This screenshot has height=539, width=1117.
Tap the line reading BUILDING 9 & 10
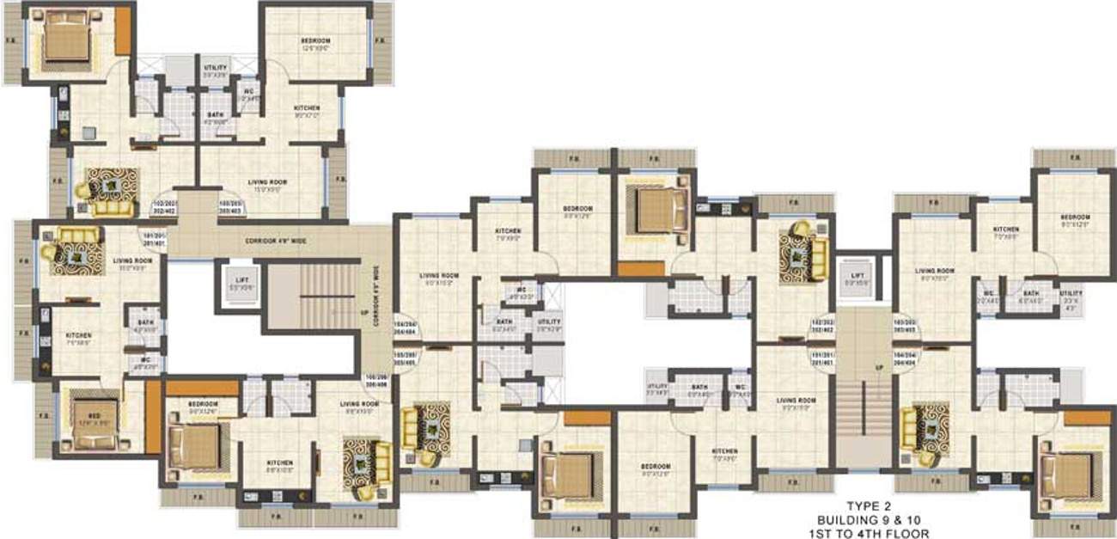(x=874, y=519)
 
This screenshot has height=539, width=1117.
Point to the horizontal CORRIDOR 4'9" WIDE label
(x=275, y=242)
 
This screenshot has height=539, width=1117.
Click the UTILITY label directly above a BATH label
(x=215, y=70)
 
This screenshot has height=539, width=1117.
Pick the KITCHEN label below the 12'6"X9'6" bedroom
(x=306, y=111)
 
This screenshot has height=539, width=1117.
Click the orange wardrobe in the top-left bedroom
(x=123, y=31)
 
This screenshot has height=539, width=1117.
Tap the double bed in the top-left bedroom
(x=62, y=37)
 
